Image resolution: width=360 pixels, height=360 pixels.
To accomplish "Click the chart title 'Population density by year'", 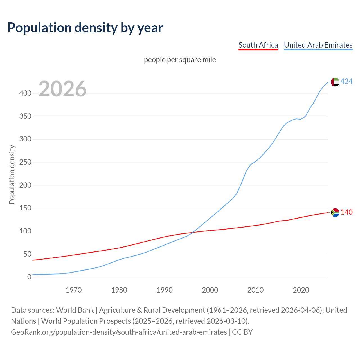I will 85,28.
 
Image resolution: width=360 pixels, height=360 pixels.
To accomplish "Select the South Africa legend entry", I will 258,45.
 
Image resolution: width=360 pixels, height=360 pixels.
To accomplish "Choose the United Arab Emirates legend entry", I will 318,45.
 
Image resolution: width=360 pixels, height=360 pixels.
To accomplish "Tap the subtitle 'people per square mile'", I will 180,60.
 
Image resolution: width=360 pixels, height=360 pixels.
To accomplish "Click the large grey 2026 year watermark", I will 62,89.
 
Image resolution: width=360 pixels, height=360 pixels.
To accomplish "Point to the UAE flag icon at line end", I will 335,82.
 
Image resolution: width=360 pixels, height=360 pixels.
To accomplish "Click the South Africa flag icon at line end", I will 335,212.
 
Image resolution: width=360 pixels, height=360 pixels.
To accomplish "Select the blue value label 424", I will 346,82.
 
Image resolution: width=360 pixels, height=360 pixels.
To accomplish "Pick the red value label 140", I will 346,212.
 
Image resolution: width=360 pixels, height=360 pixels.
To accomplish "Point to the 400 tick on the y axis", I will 25,93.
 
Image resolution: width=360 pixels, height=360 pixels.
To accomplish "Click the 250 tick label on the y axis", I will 25,162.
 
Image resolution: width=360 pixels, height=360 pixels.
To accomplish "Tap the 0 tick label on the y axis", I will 29,277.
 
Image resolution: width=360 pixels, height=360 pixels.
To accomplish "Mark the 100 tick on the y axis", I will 25,231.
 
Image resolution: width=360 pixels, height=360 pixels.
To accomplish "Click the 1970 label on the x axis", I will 74,290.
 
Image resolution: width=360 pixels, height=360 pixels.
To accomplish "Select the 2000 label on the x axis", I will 210,290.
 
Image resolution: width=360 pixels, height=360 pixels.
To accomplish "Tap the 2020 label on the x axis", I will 301,290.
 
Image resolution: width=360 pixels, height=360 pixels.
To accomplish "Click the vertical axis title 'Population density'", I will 12,174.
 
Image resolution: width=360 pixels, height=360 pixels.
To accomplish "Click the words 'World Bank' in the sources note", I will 75,310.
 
